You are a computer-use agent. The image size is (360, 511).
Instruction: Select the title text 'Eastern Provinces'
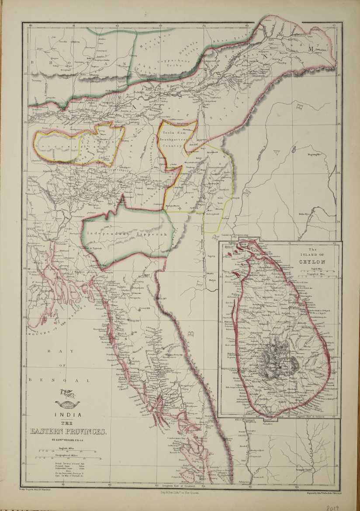[68, 431]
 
